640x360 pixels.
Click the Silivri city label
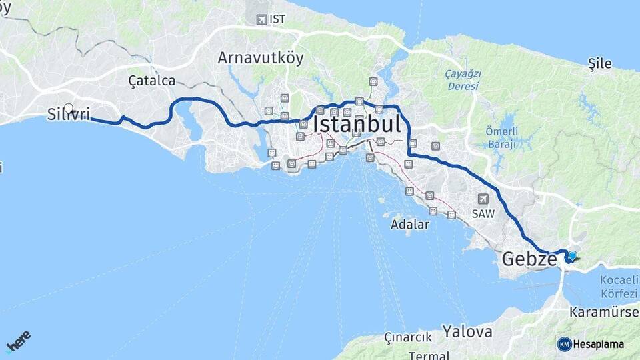(x=69, y=115)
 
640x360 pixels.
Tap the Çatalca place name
(x=151, y=81)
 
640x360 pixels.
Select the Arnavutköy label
(x=260, y=58)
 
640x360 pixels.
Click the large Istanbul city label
(x=357, y=124)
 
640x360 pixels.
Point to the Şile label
(x=599, y=63)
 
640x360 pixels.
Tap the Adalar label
(x=411, y=224)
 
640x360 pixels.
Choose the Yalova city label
(x=468, y=331)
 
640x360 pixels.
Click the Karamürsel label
(x=604, y=311)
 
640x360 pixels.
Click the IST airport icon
(x=262, y=19)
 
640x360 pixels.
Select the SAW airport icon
(x=483, y=199)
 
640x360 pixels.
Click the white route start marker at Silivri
(x=68, y=108)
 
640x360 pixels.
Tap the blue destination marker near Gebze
(x=572, y=255)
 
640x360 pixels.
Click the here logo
(x=18, y=341)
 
